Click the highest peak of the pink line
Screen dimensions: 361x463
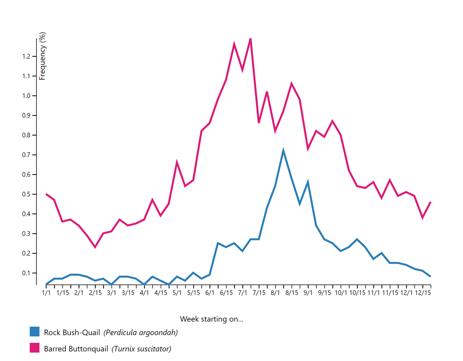251,39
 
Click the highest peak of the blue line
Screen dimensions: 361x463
283,150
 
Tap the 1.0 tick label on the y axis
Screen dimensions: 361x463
27,96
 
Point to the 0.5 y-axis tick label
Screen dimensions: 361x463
27,194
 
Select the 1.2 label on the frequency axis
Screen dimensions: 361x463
27,56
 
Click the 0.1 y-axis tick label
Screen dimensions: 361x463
27,273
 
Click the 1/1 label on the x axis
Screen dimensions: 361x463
46,293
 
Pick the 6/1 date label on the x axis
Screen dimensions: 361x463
210,293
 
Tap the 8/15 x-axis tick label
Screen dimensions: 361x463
292,293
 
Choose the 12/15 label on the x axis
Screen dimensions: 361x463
423,293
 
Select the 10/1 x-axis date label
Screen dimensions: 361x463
341,293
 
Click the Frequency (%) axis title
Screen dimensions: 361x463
42,56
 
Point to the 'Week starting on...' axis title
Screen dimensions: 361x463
212,319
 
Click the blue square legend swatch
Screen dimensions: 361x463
34,332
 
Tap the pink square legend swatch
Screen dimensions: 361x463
34,348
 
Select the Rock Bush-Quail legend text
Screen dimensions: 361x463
72,332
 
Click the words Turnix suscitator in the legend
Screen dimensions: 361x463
141,349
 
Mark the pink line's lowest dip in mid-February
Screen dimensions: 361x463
95,247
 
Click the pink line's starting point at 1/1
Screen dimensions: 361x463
46,194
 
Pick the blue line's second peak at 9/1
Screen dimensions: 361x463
308,182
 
